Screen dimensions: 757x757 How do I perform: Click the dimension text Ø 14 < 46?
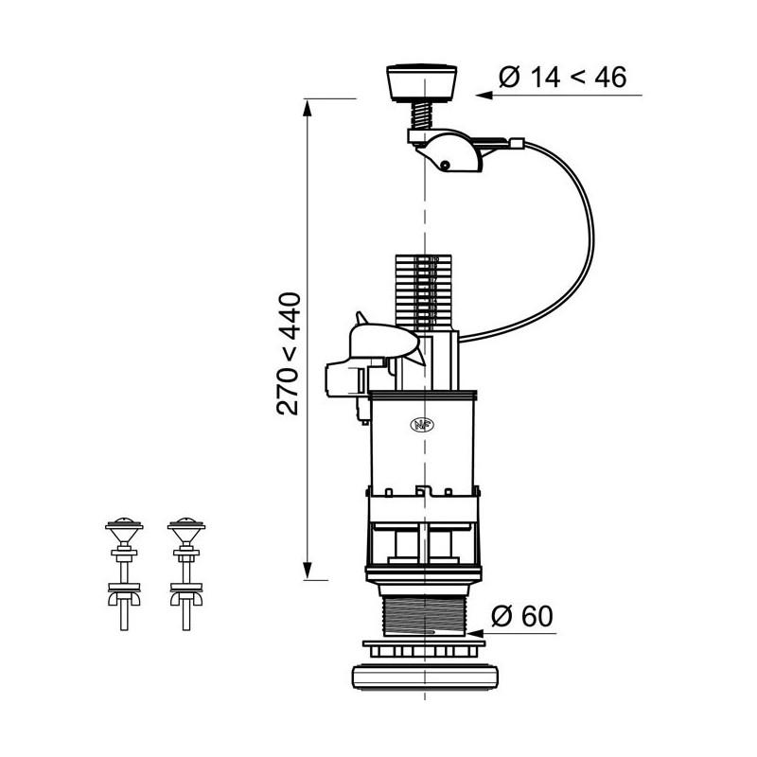coord(561,78)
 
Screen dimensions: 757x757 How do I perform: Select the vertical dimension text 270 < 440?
coord(288,354)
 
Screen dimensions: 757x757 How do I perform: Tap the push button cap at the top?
coord(423,82)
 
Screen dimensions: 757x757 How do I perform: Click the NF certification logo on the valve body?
coord(418,425)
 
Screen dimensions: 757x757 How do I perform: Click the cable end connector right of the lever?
coord(517,145)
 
